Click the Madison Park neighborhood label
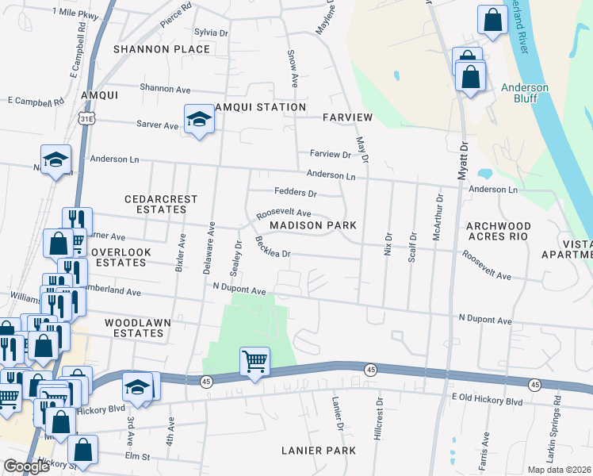312,225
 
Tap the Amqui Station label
258,107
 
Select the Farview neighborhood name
347,117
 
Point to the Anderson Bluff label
524,93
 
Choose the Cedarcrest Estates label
155,204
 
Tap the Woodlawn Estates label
134,328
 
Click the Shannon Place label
162,49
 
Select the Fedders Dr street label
295,193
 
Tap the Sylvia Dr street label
211,33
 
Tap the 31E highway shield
86,119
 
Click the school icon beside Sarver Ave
199,119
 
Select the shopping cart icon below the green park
254,361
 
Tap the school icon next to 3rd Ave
137,386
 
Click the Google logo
26,467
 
